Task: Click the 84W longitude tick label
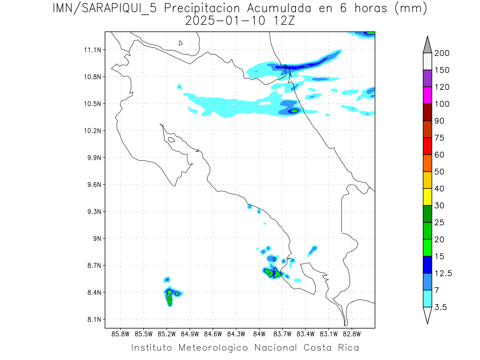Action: [x=259, y=334]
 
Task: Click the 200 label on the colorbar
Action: [x=442, y=53]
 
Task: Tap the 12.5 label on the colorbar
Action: [x=443, y=273]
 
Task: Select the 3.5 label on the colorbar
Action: [x=441, y=307]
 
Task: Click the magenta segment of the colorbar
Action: [x=427, y=96]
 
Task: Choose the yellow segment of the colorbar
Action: [x=427, y=197]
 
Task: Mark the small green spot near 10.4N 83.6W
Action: [x=294, y=111]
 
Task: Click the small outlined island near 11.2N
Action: [x=181, y=43]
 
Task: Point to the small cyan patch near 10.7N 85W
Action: [x=180, y=86]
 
